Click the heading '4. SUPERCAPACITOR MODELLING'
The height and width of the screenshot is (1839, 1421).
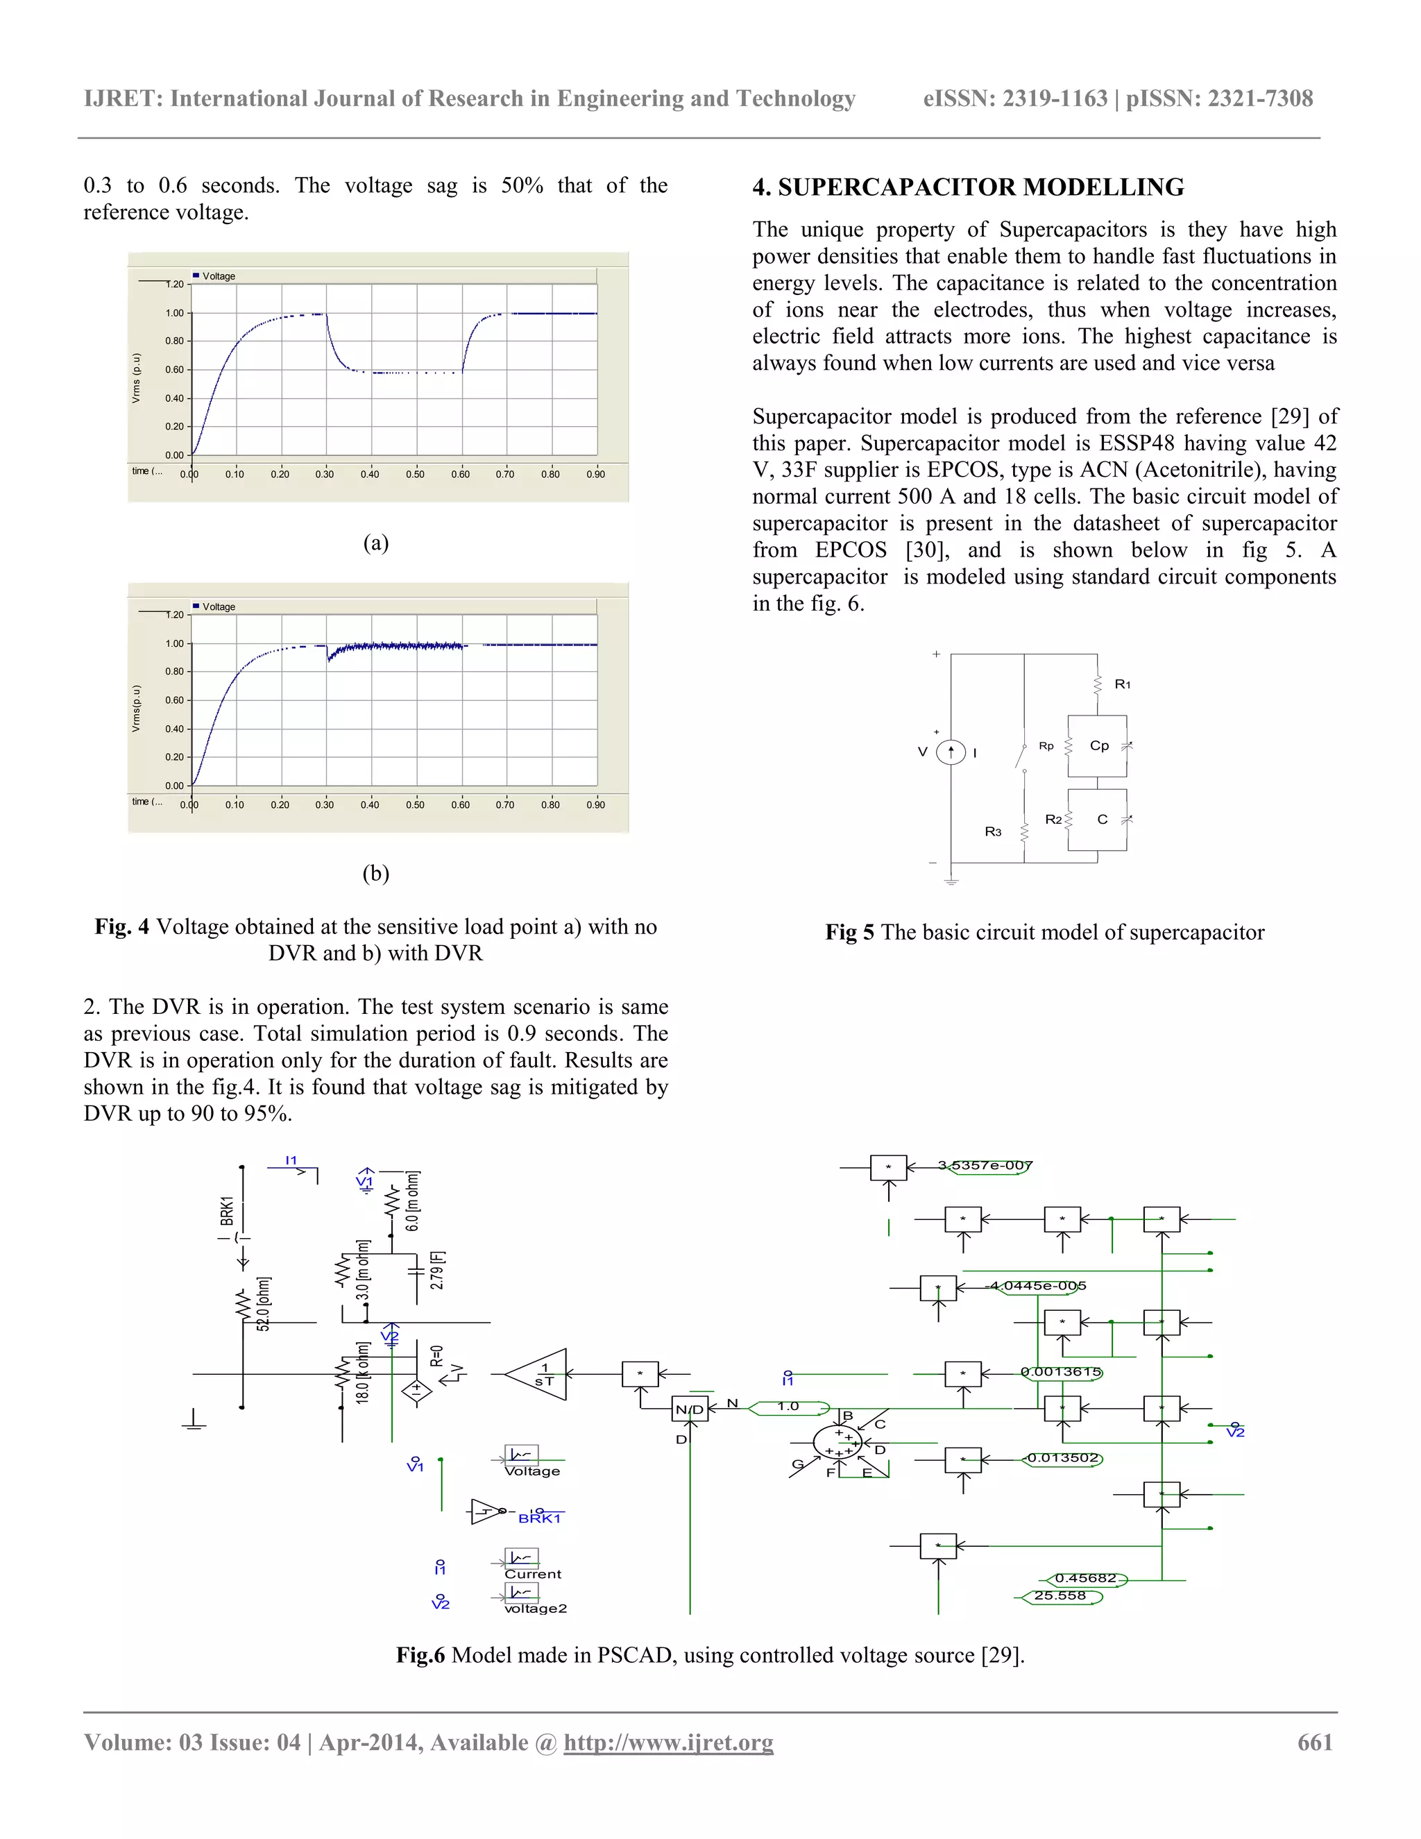click(x=968, y=187)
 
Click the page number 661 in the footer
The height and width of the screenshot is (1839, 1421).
click(x=1315, y=1742)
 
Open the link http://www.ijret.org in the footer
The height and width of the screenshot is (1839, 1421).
click(x=667, y=1742)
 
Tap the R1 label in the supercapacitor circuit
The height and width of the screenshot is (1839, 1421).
click(x=1122, y=684)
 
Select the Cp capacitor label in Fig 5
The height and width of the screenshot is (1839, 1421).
click(x=1100, y=745)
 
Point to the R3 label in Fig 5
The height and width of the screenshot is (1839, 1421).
click(x=994, y=832)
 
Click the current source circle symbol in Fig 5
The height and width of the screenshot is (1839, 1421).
click(x=951, y=752)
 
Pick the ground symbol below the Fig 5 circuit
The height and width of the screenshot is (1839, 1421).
click(x=951, y=881)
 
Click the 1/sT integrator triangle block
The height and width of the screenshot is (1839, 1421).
click(x=542, y=1375)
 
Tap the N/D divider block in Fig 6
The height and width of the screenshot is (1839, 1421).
click(x=690, y=1409)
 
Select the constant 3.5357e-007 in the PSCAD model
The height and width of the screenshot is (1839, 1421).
click(x=985, y=1165)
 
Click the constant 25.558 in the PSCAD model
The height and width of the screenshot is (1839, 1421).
click(x=1060, y=1595)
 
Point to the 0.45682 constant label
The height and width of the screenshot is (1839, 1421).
click(x=1085, y=1578)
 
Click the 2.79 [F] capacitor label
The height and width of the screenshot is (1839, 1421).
click(x=437, y=1270)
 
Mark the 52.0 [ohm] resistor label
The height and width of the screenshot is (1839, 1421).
click(x=264, y=1303)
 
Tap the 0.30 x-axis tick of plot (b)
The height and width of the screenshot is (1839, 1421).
click(x=325, y=805)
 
